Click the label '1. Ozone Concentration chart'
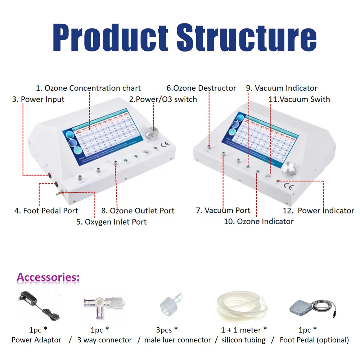point(88,88)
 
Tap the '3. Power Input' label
point(39,99)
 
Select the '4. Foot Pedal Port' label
point(46,211)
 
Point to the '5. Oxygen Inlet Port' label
point(111,222)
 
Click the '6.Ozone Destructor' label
point(201,88)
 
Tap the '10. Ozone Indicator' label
point(258,222)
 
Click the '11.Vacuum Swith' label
point(299,99)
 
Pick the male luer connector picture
point(170,306)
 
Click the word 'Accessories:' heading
point(48,278)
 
